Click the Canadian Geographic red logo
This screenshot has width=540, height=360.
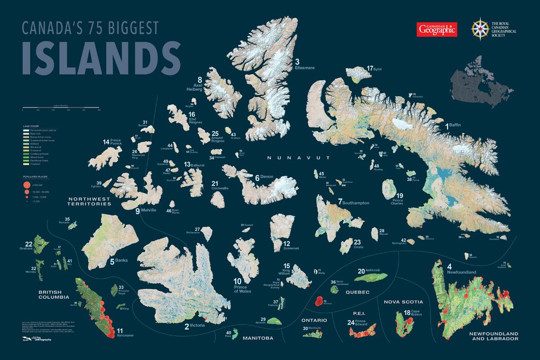(x=436, y=30)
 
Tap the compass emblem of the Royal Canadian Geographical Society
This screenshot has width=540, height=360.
(x=480, y=29)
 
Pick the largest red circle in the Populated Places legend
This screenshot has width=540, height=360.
(x=26, y=185)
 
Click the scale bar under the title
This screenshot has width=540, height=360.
(x=61, y=108)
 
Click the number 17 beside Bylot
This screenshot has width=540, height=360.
(x=370, y=68)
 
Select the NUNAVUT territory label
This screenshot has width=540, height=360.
(x=298, y=158)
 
